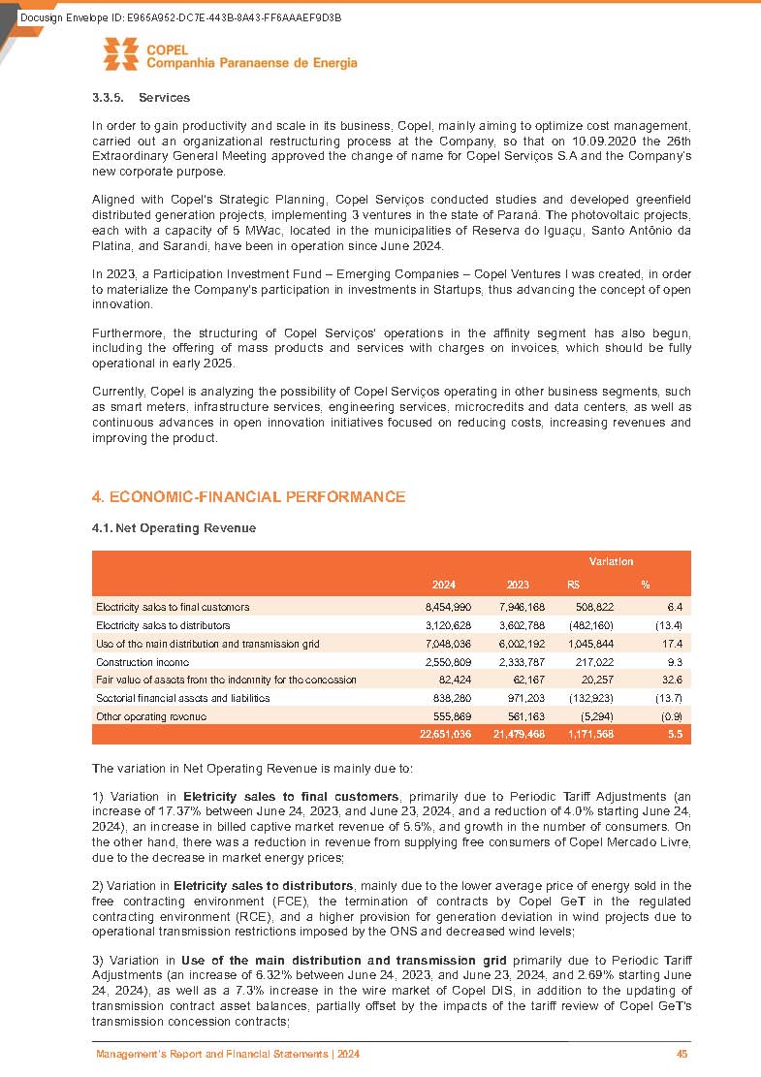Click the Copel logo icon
click(x=121, y=54)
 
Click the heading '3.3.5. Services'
click(x=141, y=98)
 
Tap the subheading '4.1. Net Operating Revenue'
click(x=173, y=528)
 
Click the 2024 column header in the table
click(x=444, y=585)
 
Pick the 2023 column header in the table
click(x=518, y=585)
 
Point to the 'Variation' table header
click(x=611, y=561)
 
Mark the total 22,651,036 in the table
click(x=445, y=735)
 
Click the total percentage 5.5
click(x=676, y=735)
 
